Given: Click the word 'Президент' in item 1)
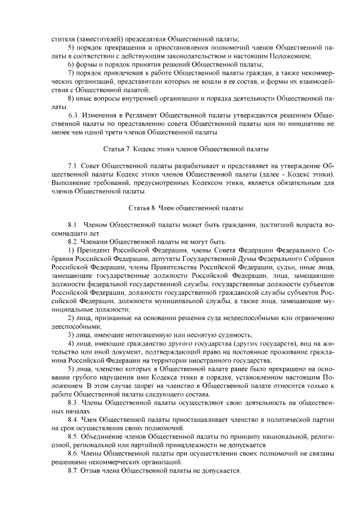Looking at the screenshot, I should (96, 250).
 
